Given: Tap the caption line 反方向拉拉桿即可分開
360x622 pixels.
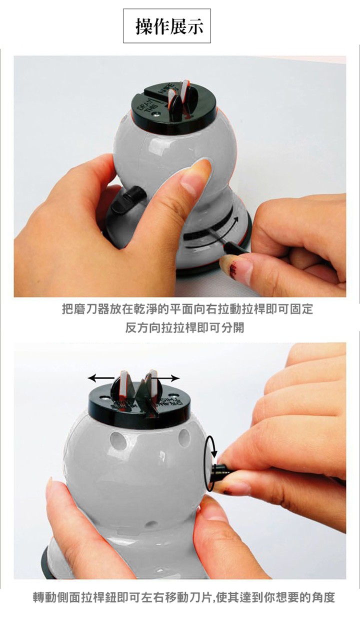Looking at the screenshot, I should pyautogui.click(x=184, y=328).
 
